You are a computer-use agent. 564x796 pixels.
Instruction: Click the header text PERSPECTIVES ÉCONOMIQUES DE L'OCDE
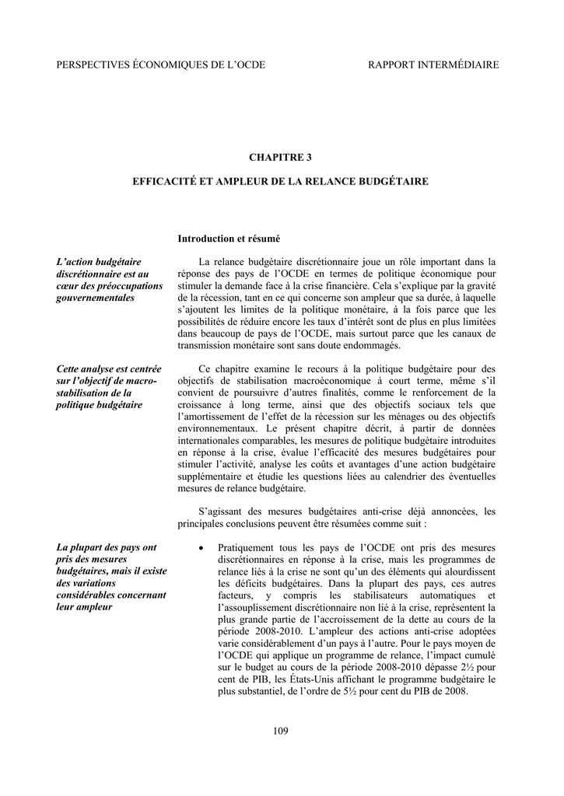click(x=160, y=65)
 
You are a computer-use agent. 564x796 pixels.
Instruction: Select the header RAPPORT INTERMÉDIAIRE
click(x=433, y=65)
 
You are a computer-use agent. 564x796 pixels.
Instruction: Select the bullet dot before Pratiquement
click(x=201, y=548)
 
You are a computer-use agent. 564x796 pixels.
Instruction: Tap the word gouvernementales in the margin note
click(x=96, y=297)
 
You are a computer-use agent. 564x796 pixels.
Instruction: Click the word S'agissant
click(x=220, y=511)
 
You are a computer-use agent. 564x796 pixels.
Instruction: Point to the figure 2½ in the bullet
click(x=465, y=668)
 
